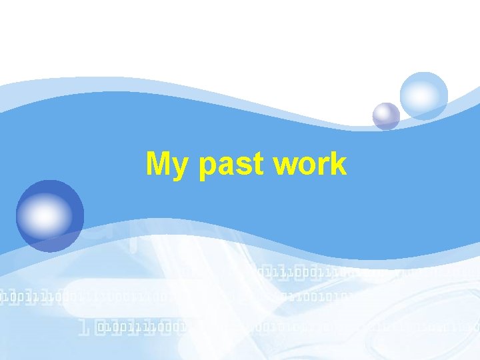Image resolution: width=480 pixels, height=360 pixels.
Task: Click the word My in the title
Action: [x=170, y=165]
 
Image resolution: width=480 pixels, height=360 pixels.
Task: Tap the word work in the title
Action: [x=309, y=164]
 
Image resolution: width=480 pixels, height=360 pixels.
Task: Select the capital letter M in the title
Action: [x=160, y=163]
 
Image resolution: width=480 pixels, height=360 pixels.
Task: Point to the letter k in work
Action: [x=337, y=163]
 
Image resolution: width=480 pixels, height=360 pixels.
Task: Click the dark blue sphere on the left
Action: [x=50, y=215]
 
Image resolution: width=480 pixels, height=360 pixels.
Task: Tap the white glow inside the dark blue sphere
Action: [x=44, y=216]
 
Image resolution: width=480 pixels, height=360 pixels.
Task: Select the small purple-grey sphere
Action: [x=386, y=116]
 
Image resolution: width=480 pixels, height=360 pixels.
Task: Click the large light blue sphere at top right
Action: [x=424, y=95]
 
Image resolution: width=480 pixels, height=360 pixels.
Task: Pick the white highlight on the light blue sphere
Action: [x=419, y=90]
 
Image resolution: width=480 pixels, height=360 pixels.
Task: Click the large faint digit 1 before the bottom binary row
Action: [x=85, y=327]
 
